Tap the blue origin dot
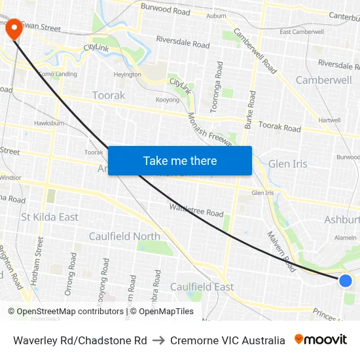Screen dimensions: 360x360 point(346,281)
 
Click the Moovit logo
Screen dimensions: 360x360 point(321,340)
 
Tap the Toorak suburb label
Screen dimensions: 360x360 point(109,96)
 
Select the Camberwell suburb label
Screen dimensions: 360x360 point(323,80)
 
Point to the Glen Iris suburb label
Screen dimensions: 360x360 point(287,164)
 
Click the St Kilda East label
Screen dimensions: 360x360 point(50,217)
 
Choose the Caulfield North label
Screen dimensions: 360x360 point(124,236)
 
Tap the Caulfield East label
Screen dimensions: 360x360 point(202,287)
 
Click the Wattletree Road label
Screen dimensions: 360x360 point(196,210)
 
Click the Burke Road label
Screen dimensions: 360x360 point(250,118)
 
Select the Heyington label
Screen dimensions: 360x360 point(127,75)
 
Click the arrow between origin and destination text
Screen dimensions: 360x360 point(158,340)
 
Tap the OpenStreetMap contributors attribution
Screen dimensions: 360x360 point(66,312)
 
